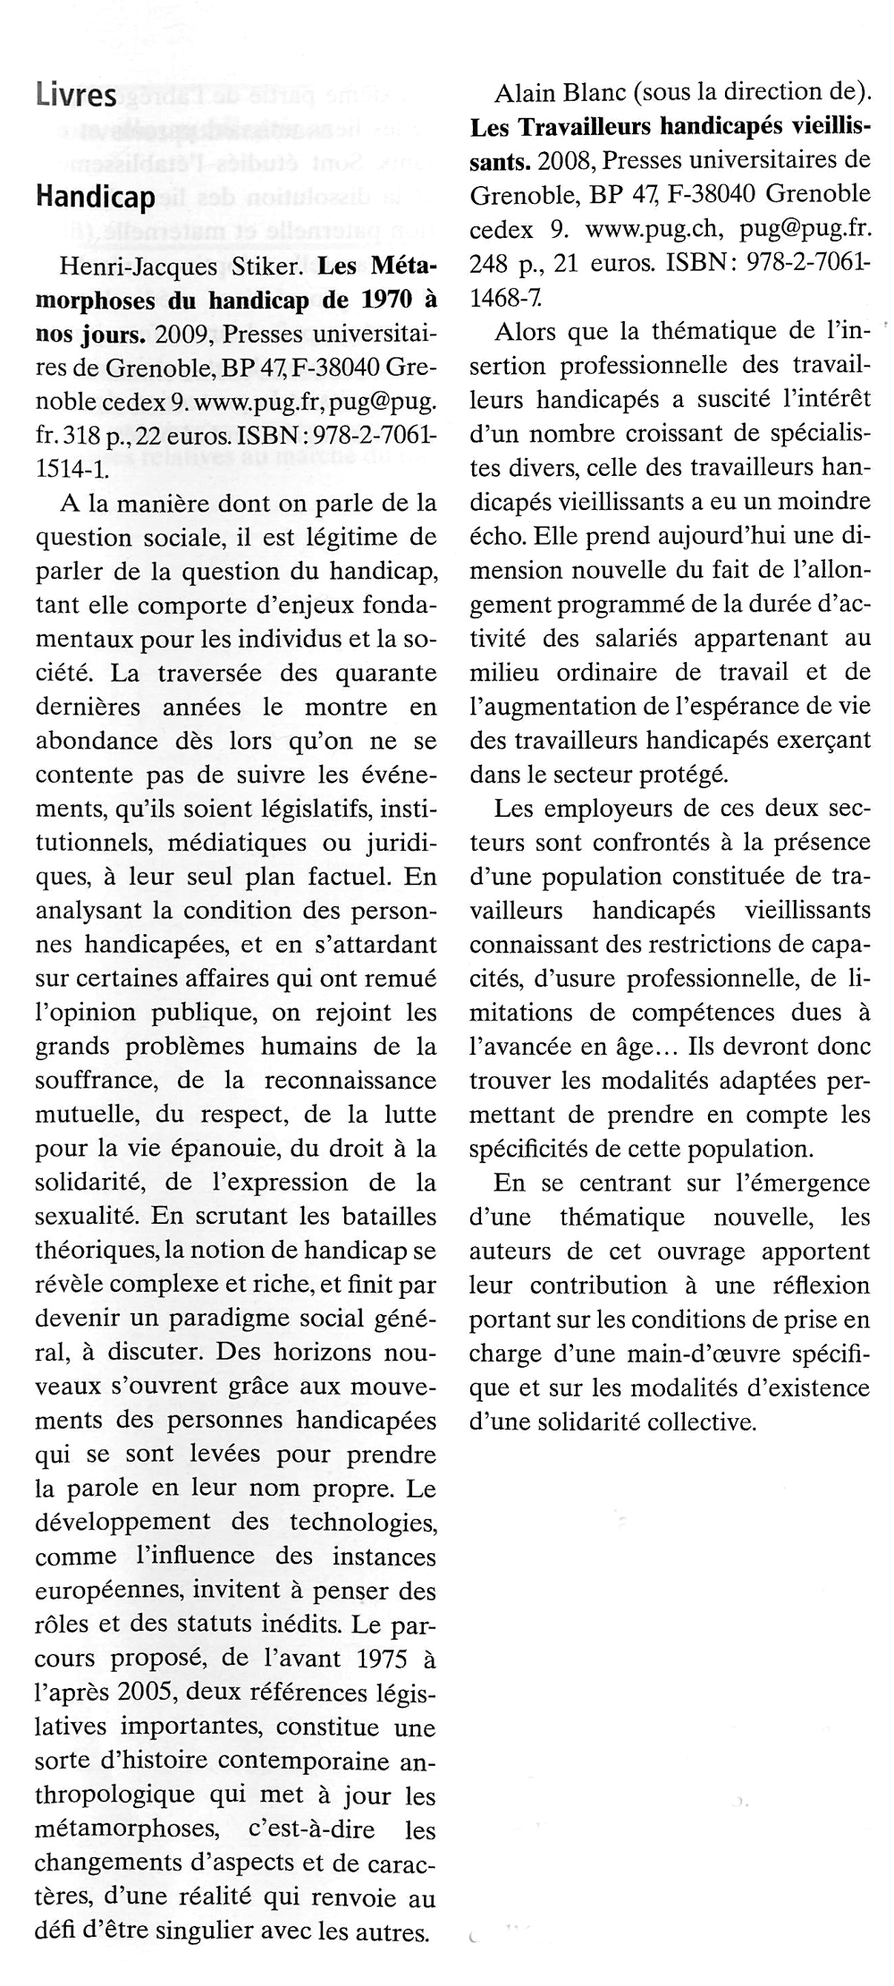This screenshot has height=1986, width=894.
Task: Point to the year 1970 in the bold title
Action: coord(385,301)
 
